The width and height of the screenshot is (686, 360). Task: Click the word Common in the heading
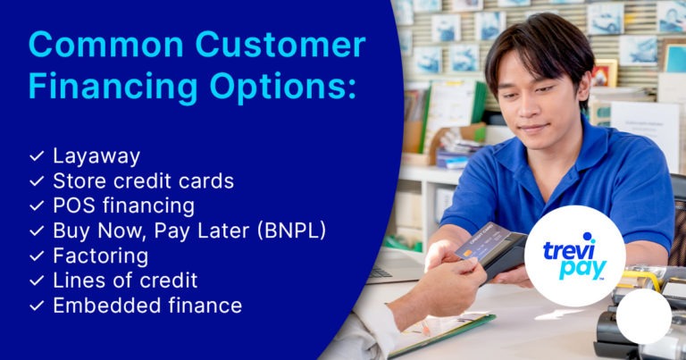pos(106,45)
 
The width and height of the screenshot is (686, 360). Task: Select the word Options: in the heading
pos(282,87)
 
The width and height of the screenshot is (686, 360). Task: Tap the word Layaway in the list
pos(96,157)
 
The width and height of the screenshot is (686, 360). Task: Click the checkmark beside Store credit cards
pos(37,181)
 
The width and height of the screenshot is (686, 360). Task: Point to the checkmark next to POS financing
pos(37,206)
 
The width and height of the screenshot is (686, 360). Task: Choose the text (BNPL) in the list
pos(291,231)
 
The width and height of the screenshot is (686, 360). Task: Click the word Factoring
pos(101,256)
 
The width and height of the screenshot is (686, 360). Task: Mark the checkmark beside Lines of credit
pos(37,280)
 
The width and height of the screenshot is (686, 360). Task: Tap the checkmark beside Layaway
pos(37,156)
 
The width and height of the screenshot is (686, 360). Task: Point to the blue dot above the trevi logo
pos(589,237)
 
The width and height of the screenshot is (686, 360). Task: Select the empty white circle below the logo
pos(643,316)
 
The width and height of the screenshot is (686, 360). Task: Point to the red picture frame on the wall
pos(604,73)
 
